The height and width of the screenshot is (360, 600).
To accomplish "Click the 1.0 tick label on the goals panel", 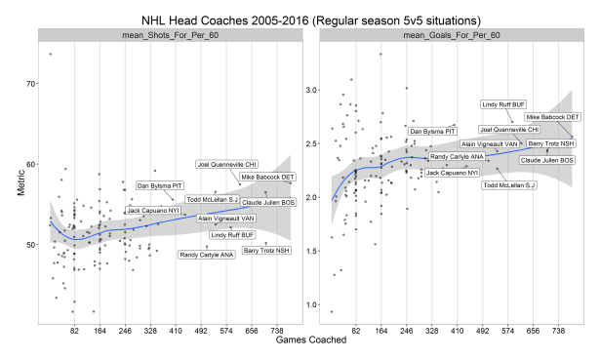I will (x=313, y=304).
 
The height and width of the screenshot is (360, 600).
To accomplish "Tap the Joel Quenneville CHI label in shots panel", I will (x=228, y=165).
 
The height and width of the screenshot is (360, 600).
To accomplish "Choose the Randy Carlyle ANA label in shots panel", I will (x=207, y=255).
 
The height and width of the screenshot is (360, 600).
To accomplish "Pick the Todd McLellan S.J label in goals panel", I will (x=509, y=184).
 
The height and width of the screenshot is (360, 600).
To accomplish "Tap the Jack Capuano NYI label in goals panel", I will (x=452, y=173).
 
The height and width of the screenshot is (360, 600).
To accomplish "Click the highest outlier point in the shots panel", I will (x=49, y=55).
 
